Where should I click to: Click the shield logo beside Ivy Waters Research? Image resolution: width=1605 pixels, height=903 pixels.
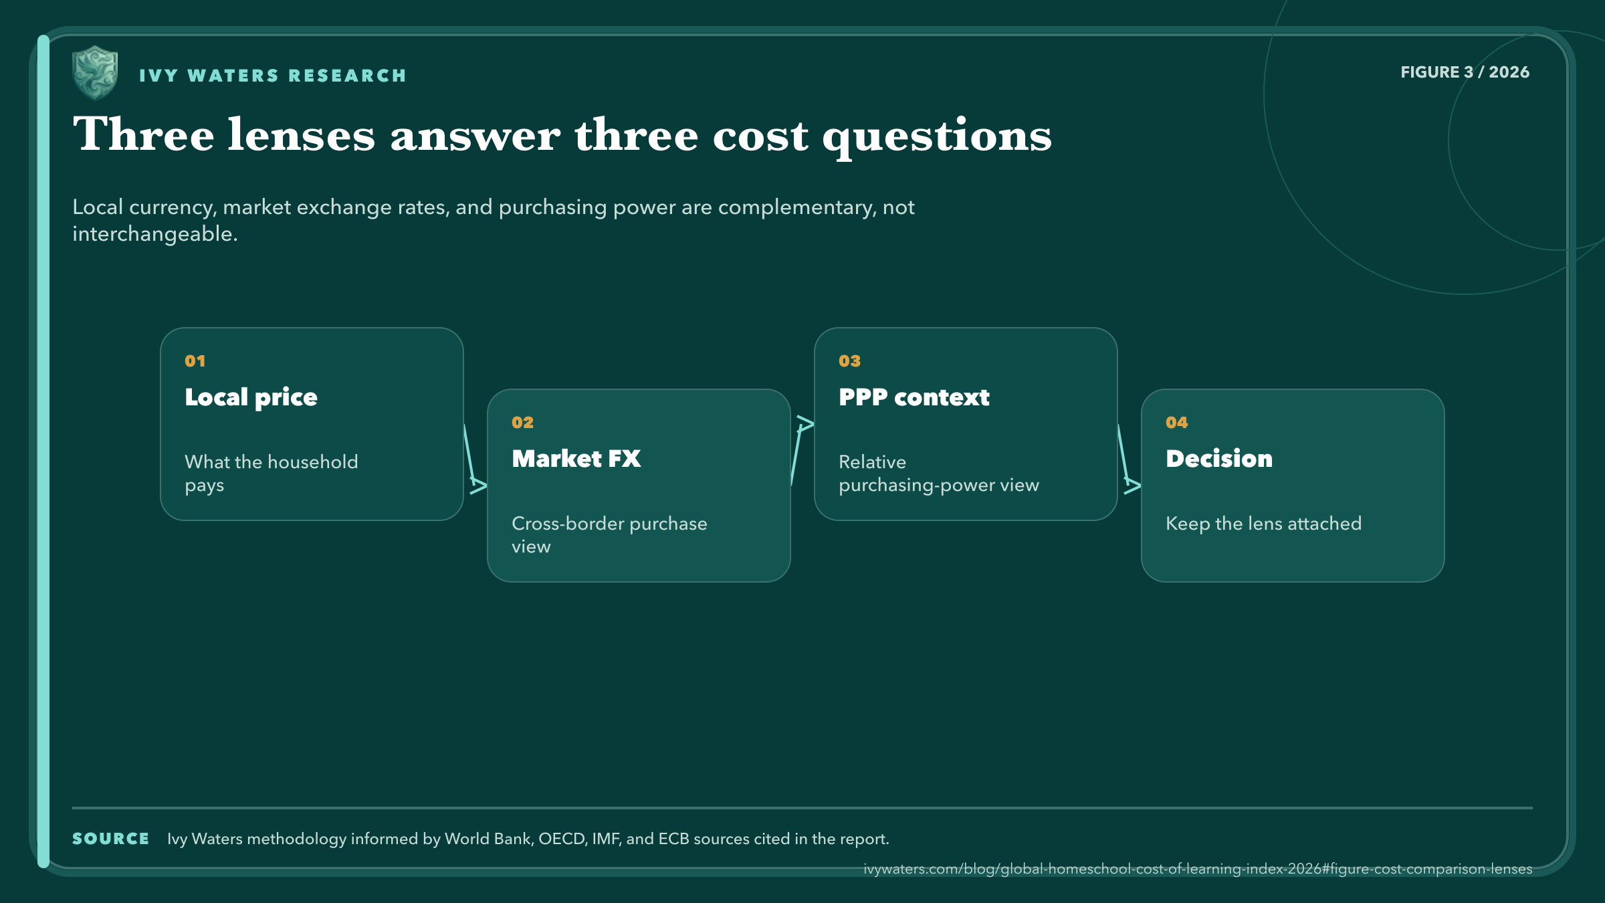click(95, 72)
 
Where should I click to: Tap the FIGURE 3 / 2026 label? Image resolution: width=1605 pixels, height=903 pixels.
click(1465, 72)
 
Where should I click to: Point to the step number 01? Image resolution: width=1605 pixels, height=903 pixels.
click(195, 361)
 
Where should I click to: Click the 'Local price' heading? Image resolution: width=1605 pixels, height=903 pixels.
click(251, 397)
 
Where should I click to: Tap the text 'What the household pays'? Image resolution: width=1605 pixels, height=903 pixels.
click(272, 473)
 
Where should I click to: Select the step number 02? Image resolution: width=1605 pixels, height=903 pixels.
click(522, 423)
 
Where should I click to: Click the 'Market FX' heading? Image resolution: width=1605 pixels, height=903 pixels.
click(576, 459)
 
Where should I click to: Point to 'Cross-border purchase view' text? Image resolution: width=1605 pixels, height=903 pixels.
click(609, 534)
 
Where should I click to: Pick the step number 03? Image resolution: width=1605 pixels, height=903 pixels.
click(849, 361)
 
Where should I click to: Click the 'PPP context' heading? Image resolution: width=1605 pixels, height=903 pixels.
click(914, 397)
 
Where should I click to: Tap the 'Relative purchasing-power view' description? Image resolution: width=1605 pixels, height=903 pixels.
click(939, 473)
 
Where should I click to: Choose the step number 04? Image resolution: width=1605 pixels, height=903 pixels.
click(1176, 423)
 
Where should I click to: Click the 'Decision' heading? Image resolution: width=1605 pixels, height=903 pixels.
click(1219, 459)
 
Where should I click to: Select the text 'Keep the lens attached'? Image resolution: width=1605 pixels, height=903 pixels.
click(1264, 523)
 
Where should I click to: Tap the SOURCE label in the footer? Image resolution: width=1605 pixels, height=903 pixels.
click(111, 839)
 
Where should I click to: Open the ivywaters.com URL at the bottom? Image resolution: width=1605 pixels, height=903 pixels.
click(1198, 869)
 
